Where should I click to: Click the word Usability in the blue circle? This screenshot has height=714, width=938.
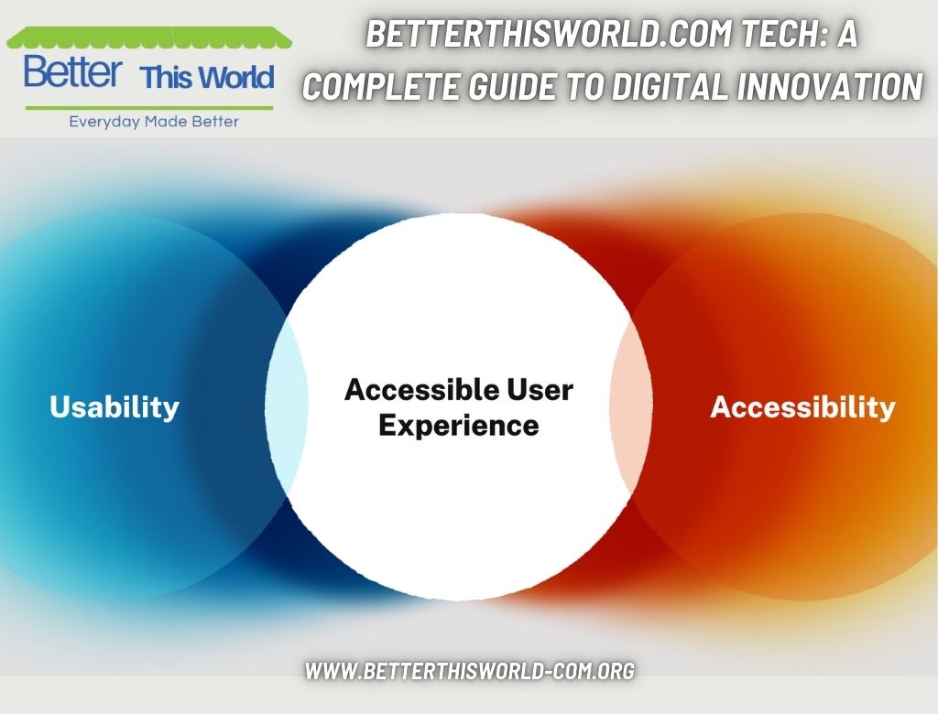[115, 406]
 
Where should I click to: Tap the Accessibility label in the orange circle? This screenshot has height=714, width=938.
[802, 406]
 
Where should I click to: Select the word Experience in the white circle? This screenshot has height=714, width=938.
[458, 425]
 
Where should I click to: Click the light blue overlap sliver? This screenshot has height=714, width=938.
[288, 407]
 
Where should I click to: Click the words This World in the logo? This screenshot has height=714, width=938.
[207, 78]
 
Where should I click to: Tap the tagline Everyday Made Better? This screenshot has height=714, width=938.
[154, 122]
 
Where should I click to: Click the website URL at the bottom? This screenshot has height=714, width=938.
[469, 670]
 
